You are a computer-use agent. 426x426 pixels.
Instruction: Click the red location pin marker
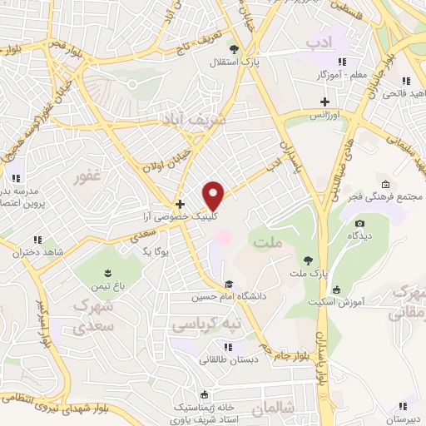pyautogui.click(x=215, y=196)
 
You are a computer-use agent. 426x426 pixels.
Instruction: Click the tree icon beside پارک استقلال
pyautogui.click(x=235, y=49)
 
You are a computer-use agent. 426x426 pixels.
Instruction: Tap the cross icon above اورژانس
pyautogui.click(x=324, y=102)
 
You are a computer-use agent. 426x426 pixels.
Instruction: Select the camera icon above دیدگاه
pyautogui.click(x=359, y=223)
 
